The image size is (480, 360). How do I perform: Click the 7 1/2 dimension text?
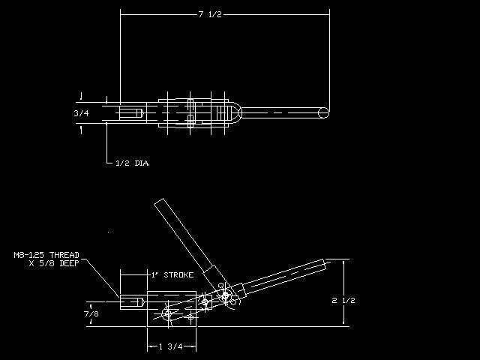pyautogui.click(x=210, y=14)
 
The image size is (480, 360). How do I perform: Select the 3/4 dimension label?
pyautogui.click(x=82, y=113)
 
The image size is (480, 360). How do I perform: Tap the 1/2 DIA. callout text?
pyautogui.click(x=133, y=163)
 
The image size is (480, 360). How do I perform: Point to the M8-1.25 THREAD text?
pyautogui.click(x=46, y=255)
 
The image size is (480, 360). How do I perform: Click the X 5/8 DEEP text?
pyautogui.click(x=54, y=263)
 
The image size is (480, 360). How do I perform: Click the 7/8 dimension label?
pyautogui.click(x=91, y=313)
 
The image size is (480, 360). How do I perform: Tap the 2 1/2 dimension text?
pyautogui.click(x=343, y=300)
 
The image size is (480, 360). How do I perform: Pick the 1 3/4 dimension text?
pyautogui.click(x=171, y=346)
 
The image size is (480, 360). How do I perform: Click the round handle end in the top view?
pyautogui.click(x=323, y=112)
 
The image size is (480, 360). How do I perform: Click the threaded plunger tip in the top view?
pyautogui.click(x=131, y=113)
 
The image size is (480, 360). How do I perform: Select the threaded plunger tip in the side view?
pyautogui.click(x=132, y=302)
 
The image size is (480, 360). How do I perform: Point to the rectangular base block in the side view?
pyautogui.click(x=172, y=309)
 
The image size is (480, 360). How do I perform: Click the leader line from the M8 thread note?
pyautogui.click(x=100, y=278)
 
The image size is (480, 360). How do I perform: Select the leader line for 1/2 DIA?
pyautogui.click(x=106, y=143)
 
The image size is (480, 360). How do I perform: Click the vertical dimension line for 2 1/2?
pyautogui.click(x=343, y=292)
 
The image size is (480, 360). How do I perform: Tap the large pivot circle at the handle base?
pyautogui.click(x=225, y=295)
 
